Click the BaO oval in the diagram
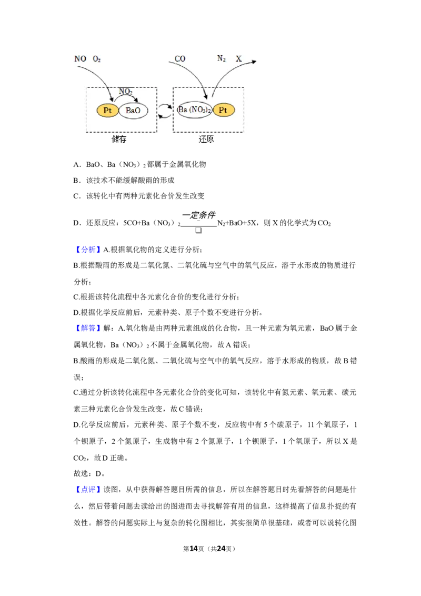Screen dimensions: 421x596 133,111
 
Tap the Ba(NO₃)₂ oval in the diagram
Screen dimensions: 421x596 195,110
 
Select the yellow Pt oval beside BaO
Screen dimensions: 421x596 107,111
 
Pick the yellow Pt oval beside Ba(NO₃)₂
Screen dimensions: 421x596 224,110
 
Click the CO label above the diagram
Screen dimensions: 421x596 180,58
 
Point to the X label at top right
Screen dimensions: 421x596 238,58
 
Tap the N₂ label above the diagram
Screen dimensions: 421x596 221,58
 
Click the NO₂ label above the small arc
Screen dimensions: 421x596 125,92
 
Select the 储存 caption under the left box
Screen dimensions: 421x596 119,139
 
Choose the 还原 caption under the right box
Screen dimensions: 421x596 206,139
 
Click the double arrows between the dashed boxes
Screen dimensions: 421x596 165,111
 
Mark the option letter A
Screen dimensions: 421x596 76,164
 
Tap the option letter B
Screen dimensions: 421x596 76,180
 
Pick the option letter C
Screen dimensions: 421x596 76,196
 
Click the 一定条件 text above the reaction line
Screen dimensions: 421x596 199,215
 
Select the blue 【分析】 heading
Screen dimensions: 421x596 88,250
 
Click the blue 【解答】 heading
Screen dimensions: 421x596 88,328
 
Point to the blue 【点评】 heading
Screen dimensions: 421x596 88,490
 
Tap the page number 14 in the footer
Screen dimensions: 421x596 194,549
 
